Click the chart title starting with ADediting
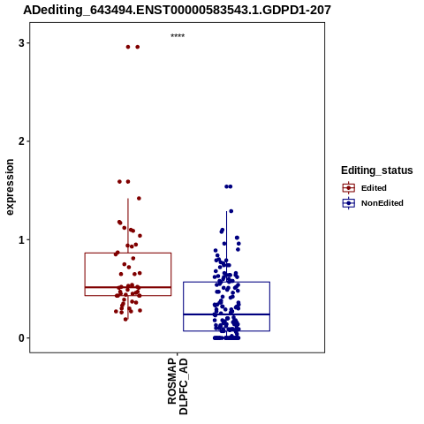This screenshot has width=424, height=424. coord(178,10)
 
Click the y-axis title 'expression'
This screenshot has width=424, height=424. coord(10,187)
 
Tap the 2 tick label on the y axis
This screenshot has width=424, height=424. coord(21,141)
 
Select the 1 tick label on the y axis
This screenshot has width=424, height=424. coord(21,239)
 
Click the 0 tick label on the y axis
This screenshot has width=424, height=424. coord(21,338)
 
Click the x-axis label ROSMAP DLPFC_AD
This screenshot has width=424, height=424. coord(178,386)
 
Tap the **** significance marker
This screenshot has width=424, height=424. coord(178,35)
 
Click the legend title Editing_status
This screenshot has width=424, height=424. coord(377,170)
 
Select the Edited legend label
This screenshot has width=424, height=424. coord(374,188)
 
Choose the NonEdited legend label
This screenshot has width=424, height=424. coord(382,203)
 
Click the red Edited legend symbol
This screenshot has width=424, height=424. coord(349,188)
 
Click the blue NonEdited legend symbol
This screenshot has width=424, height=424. coord(349,203)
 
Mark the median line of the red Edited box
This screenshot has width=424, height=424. coord(128,287)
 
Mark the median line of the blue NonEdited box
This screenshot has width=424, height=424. coord(226,314)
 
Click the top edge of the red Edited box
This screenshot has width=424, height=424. coord(128,253)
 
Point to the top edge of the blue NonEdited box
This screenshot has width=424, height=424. coord(226,282)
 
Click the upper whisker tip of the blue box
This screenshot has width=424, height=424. coord(226,211)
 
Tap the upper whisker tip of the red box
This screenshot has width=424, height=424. coord(128,199)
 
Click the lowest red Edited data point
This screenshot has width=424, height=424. coord(125,319)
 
